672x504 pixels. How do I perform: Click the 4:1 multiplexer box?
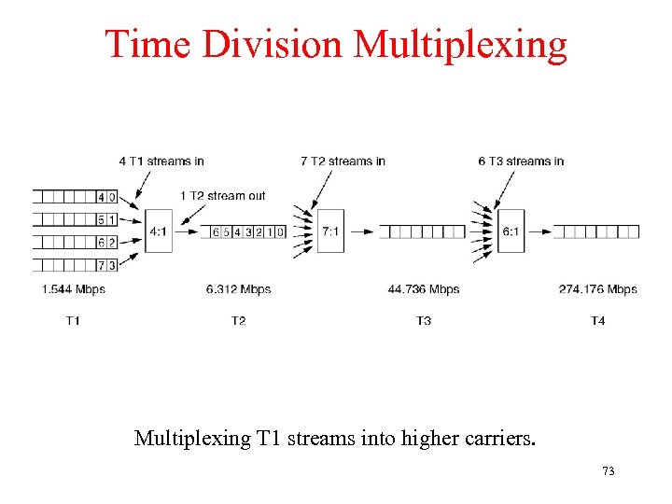click(159, 231)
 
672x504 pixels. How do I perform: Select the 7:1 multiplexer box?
click(330, 231)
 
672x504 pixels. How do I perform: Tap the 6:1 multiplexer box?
click(511, 231)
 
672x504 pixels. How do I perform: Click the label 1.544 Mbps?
click(73, 289)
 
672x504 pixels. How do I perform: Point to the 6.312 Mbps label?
click(239, 289)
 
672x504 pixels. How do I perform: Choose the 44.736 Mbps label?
click(424, 289)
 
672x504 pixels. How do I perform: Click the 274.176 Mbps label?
click(598, 289)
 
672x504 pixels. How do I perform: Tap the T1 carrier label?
click(73, 321)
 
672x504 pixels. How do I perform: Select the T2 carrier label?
click(239, 321)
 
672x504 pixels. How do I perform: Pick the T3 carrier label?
click(424, 321)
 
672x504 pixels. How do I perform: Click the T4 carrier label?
click(598, 321)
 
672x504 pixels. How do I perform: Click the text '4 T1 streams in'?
click(161, 161)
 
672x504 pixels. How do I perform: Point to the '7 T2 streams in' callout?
click(343, 161)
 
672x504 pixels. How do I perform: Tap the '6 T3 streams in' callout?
click(522, 161)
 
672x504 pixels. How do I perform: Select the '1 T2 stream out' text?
click(223, 196)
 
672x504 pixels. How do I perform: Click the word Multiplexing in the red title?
click(461, 44)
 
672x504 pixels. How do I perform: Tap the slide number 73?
click(608, 471)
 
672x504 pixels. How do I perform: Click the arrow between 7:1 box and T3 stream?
click(360, 231)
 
